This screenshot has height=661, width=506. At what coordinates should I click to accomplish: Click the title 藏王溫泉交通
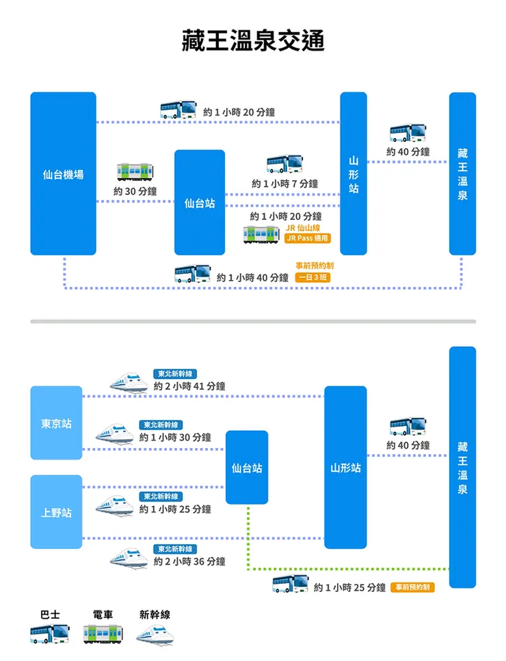tap(253, 41)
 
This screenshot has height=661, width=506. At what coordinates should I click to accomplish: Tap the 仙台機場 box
tap(63, 174)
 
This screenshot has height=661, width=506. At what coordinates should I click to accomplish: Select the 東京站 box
tap(56, 423)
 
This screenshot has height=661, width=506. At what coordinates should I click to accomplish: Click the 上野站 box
tap(56, 512)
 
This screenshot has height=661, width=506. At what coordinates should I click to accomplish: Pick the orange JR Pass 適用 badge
tap(308, 238)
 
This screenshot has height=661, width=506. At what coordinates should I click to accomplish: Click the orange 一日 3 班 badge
tap(312, 277)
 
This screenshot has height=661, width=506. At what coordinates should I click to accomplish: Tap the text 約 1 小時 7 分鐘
tap(284, 184)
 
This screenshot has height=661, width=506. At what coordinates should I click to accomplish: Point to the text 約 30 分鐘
tap(135, 191)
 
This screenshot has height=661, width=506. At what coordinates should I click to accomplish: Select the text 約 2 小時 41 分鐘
tap(189, 386)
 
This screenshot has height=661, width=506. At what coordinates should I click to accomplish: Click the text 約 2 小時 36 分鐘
tap(189, 561)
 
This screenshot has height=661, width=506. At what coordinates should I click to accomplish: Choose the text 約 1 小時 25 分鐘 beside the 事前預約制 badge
tap(349, 587)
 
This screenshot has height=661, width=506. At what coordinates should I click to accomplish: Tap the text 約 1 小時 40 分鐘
tap(252, 277)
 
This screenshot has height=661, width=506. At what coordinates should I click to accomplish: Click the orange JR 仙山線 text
tap(303, 227)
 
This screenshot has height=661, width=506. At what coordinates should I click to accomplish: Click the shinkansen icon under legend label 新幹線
tap(157, 636)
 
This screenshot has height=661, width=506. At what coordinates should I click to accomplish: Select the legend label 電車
tap(103, 615)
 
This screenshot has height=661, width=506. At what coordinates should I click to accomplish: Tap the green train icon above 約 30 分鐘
tap(135, 171)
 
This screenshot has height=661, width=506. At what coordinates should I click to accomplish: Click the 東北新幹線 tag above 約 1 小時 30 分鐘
tap(161, 425)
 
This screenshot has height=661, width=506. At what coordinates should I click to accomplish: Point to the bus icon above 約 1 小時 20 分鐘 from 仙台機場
tap(178, 110)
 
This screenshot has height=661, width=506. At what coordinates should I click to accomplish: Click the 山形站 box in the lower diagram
tap(345, 468)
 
